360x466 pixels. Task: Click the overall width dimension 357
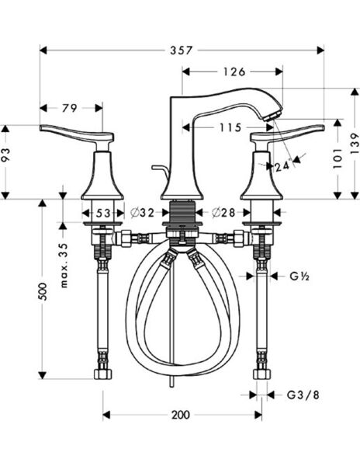tap(180, 50)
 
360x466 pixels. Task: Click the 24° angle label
tap(281, 165)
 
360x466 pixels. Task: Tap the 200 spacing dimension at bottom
tap(180, 415)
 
